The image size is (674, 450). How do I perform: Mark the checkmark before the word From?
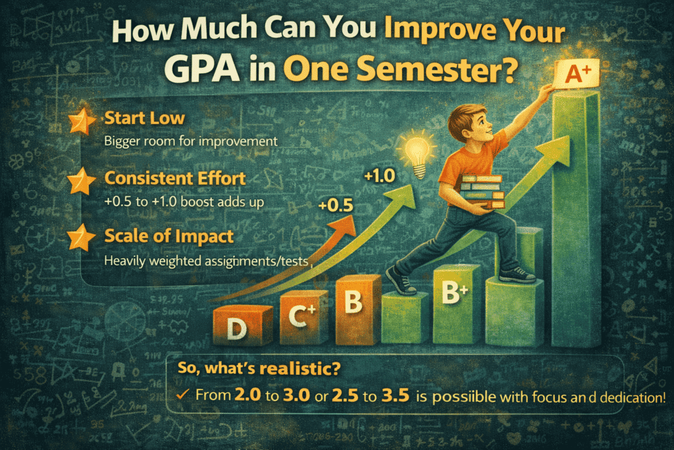[184, 396]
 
